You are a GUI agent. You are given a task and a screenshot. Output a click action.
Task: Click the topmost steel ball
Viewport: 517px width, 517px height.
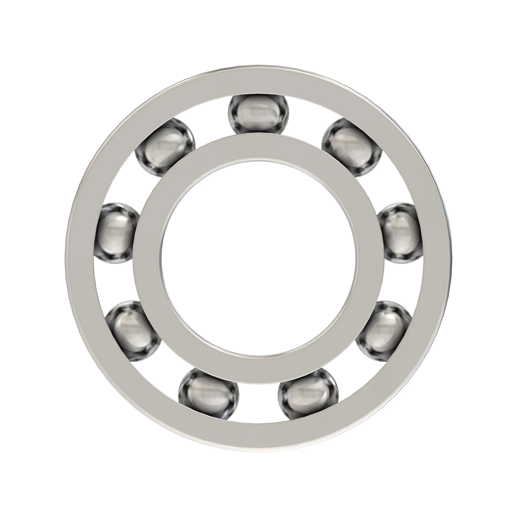(x=258, y=114)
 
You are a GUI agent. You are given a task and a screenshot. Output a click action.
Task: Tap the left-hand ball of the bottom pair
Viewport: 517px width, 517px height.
(x=209, y=393)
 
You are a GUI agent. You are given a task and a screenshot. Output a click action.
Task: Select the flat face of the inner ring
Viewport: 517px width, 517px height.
(x=258, y=149)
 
